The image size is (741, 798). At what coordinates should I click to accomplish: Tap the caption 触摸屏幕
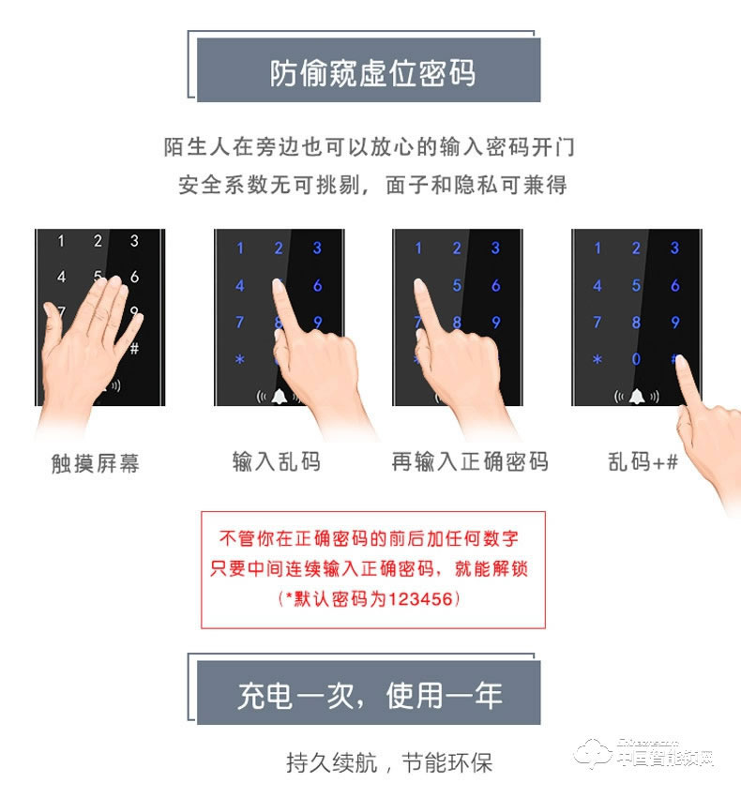point(96,463)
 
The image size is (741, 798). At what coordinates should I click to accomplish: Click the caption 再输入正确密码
point(470,461)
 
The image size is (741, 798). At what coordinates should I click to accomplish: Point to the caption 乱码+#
point(643,461)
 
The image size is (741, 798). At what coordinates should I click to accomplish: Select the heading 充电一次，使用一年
point(370,695)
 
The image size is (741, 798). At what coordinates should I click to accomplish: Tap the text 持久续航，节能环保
point(389,762)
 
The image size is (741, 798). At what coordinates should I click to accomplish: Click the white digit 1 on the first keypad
point(61,241)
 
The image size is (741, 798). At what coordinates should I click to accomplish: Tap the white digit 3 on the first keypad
point(134,241)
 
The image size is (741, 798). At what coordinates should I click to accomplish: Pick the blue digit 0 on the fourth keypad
point(636,359)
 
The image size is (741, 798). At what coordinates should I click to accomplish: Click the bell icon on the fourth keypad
point(636,396)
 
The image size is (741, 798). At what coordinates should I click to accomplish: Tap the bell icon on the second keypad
point(279,396)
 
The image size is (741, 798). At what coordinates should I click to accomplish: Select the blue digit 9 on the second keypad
point(317,323)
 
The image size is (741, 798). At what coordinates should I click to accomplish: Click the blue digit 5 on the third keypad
point(457,285)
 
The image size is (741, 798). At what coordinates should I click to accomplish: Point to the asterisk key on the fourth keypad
point(597,360)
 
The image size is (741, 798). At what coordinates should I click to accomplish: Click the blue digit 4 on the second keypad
point(240,285)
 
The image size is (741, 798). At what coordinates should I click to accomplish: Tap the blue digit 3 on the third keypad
point(495,248)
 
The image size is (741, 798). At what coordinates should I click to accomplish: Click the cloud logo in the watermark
point(594,752)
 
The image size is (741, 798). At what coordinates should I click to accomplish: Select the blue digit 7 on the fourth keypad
point(597,323)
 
